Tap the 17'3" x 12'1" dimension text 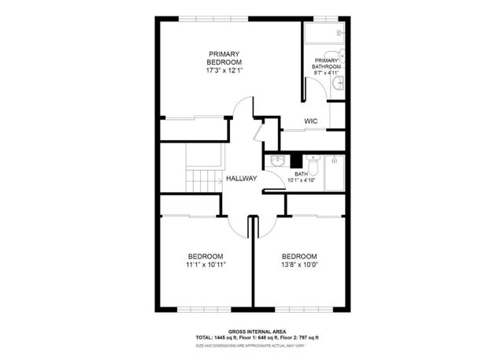[224, 70]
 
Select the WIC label [310, 121]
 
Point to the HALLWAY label [241, 179]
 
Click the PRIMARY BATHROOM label [327, 64]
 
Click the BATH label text [301, 174]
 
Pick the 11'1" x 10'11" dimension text [205, 265]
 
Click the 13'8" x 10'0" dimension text [299, 265]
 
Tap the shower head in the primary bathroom [340, 32]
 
